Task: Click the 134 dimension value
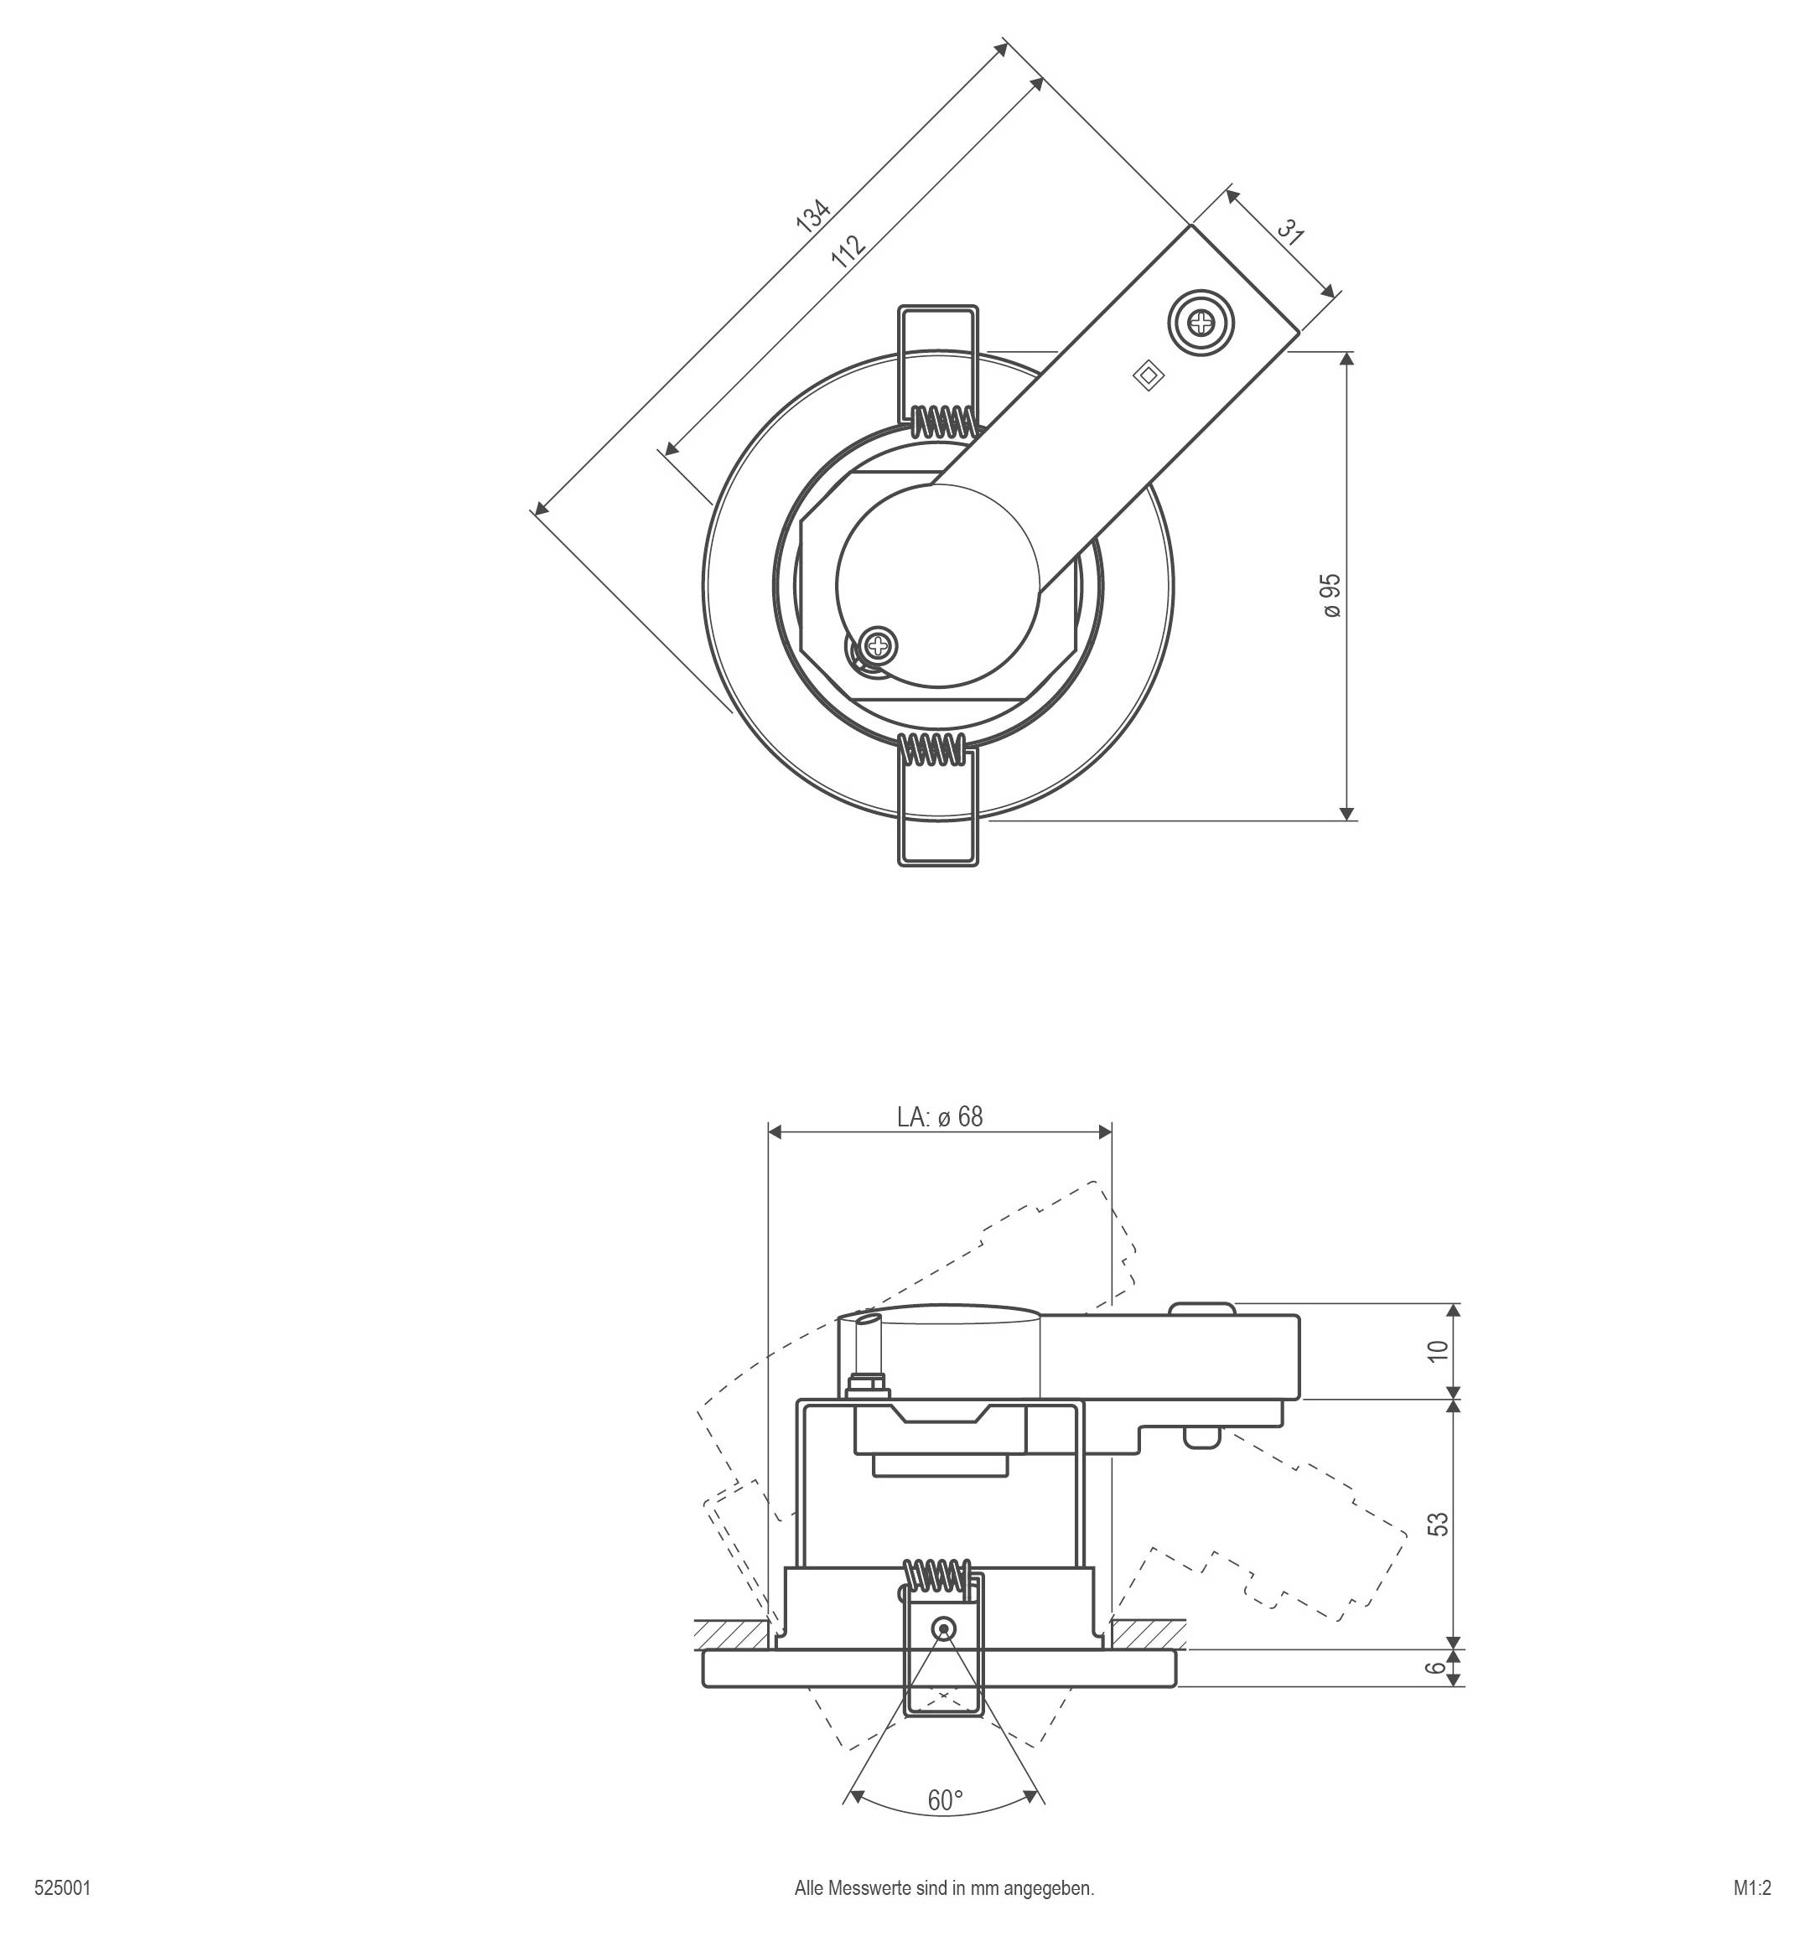point(812,215)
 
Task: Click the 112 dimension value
point(848,251)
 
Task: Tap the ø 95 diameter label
point(1330,595)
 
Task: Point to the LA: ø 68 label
point(939,1117)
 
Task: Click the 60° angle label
point(944,1800)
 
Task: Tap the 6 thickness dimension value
point(1437,1667)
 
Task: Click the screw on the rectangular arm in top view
point(1202,323)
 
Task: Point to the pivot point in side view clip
point(942,1628)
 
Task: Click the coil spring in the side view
point(937,1575)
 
